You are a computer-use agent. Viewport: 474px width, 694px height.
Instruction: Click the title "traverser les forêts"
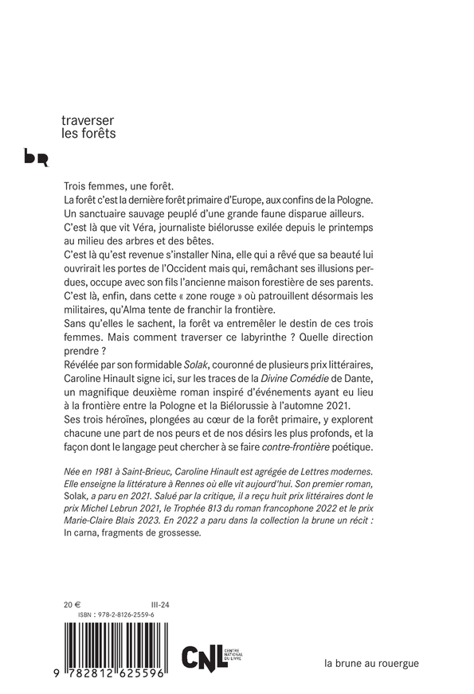(88, 127)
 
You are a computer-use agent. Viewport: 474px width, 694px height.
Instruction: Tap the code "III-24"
(159, 604)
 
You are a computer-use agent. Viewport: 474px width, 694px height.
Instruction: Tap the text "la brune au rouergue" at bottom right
(371, 661)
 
